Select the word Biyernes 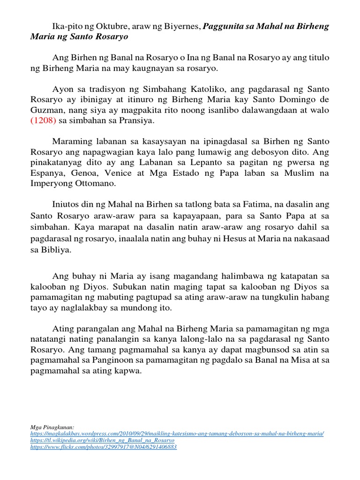pos(182,26)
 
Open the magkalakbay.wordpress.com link pos(176,434)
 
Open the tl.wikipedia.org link pos(101,441)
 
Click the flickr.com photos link pos(103,447)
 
